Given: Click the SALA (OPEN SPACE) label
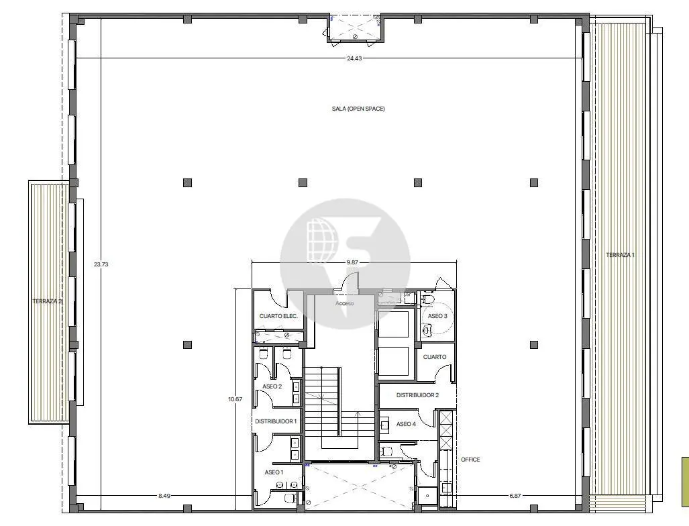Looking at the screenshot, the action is click(358, 109).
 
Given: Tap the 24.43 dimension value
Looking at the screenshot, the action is click(354, 58).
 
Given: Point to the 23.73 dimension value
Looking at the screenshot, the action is click(101, 264).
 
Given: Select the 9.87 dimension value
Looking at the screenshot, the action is click(352, 262).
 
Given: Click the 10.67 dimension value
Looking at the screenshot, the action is click(235, 399).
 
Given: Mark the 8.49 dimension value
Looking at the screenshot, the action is click(164, 496).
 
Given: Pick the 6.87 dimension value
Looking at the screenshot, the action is click(515, 496).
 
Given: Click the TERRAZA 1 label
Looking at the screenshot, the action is click(620, 255).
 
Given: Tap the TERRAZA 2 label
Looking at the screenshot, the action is click(47, 301).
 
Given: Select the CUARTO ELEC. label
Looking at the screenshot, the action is click(278, 316).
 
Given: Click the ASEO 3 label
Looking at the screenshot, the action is click(437, 316).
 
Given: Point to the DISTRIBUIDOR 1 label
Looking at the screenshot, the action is click(276, 421).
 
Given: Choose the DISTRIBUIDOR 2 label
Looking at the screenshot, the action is click(417, 395).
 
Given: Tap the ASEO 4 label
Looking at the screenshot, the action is click(406, 424).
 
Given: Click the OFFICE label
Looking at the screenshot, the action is click(470, 459).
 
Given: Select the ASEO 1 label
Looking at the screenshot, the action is click(274, 472).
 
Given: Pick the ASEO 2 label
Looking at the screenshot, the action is click(272, 386).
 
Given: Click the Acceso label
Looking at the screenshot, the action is click(345, 303).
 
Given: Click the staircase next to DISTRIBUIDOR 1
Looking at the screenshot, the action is click(341, 413).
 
